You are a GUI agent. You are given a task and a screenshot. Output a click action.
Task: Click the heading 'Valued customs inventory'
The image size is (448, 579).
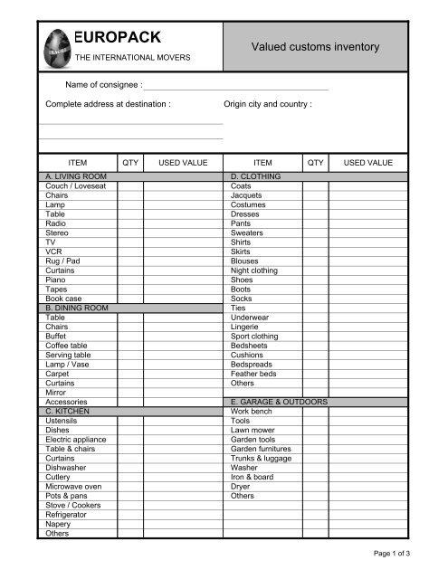tap(315, 46)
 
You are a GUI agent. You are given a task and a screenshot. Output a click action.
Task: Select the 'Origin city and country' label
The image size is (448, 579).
tap(268, 104)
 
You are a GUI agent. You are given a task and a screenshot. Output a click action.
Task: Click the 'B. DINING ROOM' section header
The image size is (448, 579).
tap(77, 308)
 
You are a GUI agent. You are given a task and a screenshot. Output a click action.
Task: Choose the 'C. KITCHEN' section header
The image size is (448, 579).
tap(69, 411)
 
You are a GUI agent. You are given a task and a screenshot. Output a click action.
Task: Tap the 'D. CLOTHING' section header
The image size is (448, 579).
tap(256, 176)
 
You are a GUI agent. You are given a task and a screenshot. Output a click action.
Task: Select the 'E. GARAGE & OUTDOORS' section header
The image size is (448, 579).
tap(279, 402)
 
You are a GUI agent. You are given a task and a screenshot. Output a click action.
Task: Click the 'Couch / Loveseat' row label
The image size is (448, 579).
tap(74, 185)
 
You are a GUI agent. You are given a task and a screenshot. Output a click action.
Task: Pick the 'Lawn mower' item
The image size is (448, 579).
tap(253, 430)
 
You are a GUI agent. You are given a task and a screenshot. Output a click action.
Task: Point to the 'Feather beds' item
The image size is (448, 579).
tap(255, 373)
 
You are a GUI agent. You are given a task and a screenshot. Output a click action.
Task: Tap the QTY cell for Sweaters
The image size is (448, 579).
tap(315, 233)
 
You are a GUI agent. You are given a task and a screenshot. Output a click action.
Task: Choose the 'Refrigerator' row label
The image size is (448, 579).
tap(68, 514)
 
